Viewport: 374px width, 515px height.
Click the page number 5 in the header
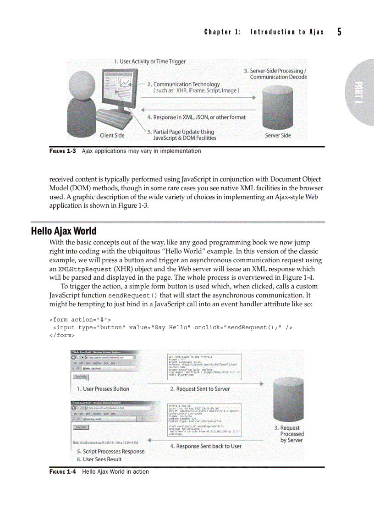[x=339, y=32]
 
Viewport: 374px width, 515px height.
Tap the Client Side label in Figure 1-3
[x=112, y=136]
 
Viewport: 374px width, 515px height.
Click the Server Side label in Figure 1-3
[x=278, y=136]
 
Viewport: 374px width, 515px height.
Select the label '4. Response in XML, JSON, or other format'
[x=196, y=117]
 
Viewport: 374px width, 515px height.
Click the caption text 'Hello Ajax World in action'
[x=115, y=471]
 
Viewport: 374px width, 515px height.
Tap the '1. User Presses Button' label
[x=103, y=389]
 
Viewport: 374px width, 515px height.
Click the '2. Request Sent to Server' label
[x=200, y=389]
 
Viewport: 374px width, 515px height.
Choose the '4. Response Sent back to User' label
[x=205, y=446]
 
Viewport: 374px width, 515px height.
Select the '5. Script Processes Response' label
[x=110, y=451]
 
